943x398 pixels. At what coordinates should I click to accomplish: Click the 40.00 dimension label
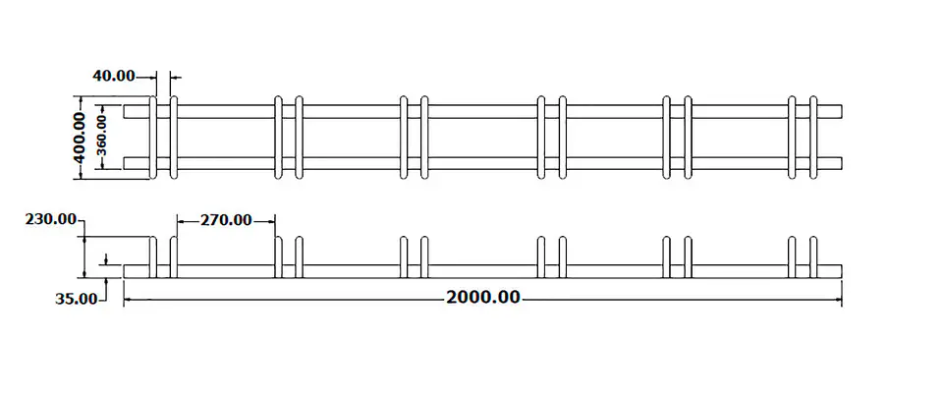point(114,76)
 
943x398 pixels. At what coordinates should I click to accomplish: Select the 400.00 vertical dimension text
point(79,137)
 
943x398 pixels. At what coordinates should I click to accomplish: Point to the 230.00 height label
point(51,219)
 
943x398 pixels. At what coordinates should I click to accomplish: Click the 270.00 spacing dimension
point(226,221)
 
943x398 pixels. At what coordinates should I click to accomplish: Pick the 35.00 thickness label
point(77,299)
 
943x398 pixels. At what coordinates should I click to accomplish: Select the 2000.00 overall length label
point(483,298)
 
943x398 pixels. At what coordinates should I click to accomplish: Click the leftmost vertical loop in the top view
point(153,137)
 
